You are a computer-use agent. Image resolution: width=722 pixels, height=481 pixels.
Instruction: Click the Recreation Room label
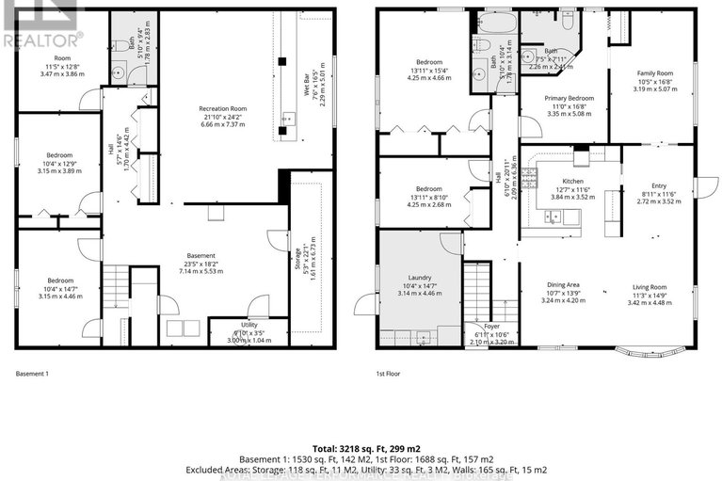tap(222, 109)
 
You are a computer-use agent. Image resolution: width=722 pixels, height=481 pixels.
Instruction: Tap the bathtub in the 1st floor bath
tap(492, 23)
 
